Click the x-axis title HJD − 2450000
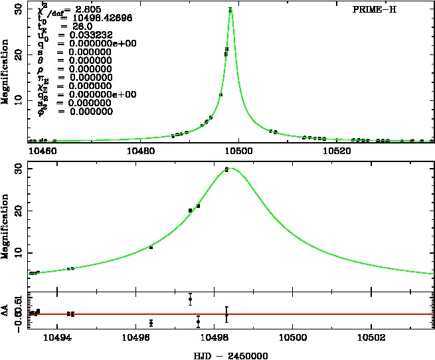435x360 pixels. pos(230,355)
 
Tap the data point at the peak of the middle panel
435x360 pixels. pos(226,170)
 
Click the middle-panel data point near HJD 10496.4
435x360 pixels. pos(151,248)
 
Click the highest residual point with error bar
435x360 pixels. pos(190,299)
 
